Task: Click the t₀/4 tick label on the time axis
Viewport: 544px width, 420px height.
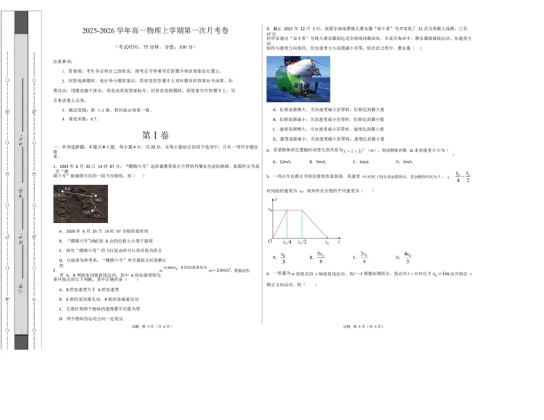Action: pyautogui.click(x=287, y=242)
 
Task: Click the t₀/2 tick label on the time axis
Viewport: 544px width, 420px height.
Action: pyautogui.click(x=302, y=242)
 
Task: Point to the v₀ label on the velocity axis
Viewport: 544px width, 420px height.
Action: pyautogui.click(x=270, y=211)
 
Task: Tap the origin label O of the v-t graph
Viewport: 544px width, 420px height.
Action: pyautogui.click(x=270, y=241)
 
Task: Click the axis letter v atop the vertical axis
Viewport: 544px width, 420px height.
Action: pyautogui.click(x=276, y=200)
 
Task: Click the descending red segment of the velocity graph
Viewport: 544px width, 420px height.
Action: pyautogui.click(x=315, y=224)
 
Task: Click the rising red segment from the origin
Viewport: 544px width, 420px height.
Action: pyautogui.click(x=279, y=224)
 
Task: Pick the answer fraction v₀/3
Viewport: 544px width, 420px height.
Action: pyautogui.click(x=283, y=258)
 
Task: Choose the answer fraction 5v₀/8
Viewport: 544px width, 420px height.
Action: pyautogui.click(x=320, y=258)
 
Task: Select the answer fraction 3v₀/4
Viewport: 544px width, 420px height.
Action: pyautogui.click(x=364, y=258)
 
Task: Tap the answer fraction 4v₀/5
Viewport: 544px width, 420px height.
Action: pyautogui.click(x=407, y=258)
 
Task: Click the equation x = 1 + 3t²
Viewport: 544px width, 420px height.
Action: pyautogui.click(x=354, y=150)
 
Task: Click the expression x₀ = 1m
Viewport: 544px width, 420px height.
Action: pyautogui.click(x=441, y=275)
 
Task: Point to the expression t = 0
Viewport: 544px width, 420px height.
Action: pyautogui.click(x=412, y=275)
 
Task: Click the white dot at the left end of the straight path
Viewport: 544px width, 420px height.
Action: pyautogui.click(x=63, y=192)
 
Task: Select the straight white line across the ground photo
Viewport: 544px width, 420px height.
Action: pyautogui.click(x=79, y=195)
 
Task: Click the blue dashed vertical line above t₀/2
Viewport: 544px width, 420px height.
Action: pyautogui.click(x=302, y=224)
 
